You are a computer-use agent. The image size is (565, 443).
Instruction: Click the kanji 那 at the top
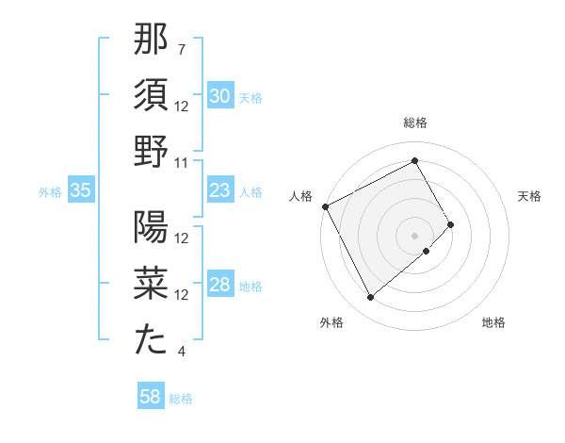(151, 41)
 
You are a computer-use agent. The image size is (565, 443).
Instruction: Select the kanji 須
(151, 96)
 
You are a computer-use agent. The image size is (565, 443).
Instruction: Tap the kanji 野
(151, 151)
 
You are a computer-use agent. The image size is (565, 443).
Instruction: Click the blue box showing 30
(220, 96)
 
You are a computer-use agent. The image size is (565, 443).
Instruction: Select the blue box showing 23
(219, 191)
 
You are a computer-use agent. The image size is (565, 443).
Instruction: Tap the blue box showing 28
(219, 286)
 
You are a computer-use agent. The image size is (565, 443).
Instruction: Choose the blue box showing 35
(81, 191)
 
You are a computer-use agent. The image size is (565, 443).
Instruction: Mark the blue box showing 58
(151, 398)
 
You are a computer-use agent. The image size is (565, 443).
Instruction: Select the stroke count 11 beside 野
(182, 163)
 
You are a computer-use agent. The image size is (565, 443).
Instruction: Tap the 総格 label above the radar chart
(415, 123)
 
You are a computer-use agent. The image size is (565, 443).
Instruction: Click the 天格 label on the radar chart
(529, 196)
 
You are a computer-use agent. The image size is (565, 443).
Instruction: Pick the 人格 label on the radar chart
(301, 196)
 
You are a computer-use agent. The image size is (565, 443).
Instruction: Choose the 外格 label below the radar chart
(331, 322)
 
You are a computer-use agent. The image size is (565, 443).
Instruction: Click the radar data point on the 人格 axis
(326, 206)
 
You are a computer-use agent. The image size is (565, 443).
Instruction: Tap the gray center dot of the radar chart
(415, 235)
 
